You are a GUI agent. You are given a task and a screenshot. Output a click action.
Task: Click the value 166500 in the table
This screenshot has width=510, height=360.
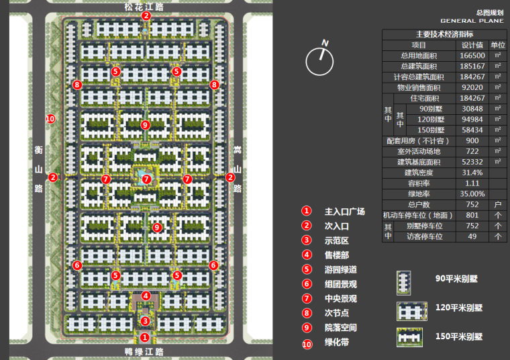473,56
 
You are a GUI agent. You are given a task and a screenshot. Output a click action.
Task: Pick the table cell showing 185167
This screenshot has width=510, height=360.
473,66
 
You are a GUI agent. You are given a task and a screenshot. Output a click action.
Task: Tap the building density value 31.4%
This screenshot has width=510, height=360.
473,173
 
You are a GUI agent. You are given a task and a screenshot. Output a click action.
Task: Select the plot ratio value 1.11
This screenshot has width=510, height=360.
473,183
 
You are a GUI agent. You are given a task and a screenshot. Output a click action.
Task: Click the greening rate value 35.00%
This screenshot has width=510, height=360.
473,193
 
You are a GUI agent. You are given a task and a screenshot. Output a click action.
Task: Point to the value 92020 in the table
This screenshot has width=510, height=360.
473,87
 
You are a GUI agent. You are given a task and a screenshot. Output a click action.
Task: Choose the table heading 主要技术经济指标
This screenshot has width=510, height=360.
444,34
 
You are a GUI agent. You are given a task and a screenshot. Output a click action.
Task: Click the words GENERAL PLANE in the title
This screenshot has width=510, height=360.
472,21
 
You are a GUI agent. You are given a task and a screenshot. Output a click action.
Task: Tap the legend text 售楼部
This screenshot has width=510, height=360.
336,255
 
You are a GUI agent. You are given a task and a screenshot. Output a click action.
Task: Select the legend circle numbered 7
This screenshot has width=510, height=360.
307,298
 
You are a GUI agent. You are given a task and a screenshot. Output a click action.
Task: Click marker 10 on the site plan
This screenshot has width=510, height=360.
49,119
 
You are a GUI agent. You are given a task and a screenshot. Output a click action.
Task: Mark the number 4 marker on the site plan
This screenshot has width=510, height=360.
146,296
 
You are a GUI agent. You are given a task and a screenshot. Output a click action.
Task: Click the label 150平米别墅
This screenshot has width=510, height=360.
459,336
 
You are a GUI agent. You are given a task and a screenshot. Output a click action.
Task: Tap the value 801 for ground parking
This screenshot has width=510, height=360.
473,215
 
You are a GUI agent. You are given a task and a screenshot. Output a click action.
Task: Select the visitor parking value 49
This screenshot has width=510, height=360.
473,236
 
